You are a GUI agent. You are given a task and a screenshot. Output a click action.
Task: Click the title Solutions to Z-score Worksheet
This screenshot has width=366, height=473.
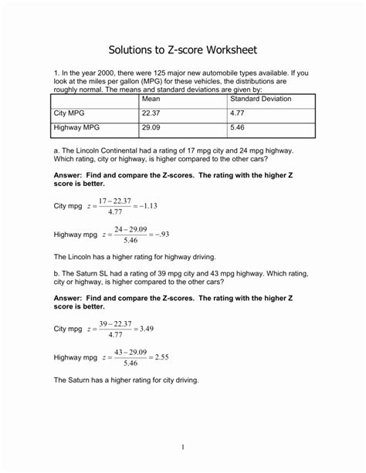pos(183,49)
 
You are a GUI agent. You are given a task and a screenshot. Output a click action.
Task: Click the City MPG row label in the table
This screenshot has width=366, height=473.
pos(70,113)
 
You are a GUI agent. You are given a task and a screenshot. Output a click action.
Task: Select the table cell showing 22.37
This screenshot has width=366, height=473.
pos(151,113)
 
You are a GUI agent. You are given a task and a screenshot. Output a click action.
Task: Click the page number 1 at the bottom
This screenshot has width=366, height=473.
pos(183,446)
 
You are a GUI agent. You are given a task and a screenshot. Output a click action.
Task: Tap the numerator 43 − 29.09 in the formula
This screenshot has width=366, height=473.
pos(130,352)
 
